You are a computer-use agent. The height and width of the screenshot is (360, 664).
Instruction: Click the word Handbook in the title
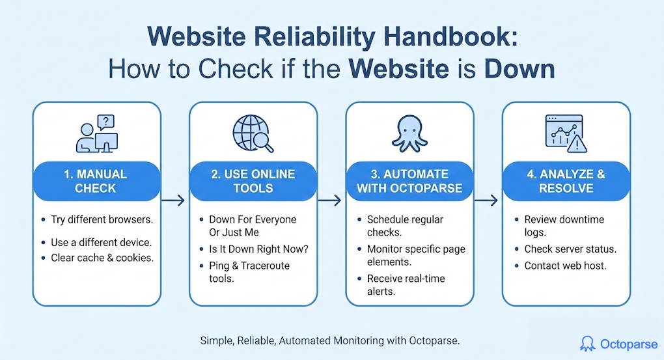click(450, 37)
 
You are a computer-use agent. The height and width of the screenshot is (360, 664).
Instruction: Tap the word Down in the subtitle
click(519, 69)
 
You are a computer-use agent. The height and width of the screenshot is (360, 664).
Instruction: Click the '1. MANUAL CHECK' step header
click(96, 181)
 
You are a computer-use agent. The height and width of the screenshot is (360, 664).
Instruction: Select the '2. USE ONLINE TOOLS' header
click(253, 181)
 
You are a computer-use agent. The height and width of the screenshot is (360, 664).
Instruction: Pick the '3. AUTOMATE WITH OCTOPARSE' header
click(409, 181)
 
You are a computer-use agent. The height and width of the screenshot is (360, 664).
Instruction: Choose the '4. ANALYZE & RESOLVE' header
click(566, 181)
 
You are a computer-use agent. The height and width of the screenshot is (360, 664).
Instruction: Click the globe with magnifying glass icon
click(253, 133)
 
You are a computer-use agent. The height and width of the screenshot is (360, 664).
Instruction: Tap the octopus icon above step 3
click(409, 133)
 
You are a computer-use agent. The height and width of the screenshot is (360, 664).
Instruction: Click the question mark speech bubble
click(106, 122)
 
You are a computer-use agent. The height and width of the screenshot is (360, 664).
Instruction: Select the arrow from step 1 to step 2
click(173, 200)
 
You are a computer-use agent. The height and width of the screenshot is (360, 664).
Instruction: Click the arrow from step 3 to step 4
click(486, 200)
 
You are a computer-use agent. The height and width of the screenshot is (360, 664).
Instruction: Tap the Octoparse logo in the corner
click(618, 344)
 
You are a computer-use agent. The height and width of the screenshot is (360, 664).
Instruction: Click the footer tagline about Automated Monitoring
click(330, 341)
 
